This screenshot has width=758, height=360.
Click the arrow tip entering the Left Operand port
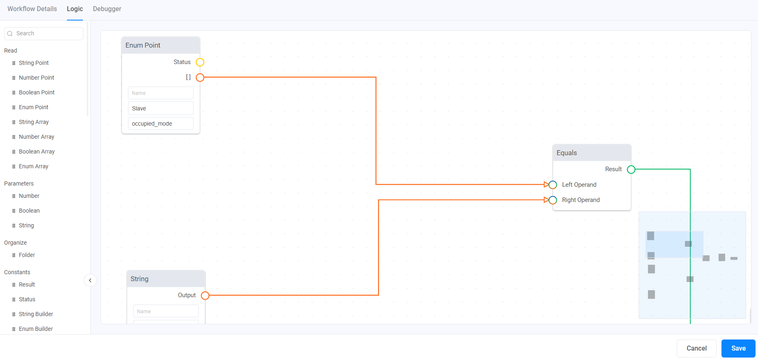coord(549,185)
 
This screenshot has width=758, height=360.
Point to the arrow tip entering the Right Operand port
coord(549,200)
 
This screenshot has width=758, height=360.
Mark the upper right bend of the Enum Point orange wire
coord(376,77)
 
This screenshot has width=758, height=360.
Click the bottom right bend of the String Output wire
coord(378,295)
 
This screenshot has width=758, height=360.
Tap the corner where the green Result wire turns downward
coord(690,169)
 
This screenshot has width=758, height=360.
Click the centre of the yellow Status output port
coord(200,62)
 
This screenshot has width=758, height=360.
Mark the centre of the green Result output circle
coord(631,170)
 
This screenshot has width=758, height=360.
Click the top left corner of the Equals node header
coord(553,144)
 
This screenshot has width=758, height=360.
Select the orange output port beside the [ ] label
coord(200,78)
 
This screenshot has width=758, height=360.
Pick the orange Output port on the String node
coord(205,296)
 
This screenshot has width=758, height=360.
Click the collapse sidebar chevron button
coord(90,280)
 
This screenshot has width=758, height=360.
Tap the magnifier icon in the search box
coord(10,34)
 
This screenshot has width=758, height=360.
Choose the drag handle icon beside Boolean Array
coord(14,152)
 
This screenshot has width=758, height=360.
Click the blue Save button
coord(738,348)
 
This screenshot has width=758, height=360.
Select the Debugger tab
coord(107,9)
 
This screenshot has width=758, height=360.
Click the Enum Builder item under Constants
coord(36,329)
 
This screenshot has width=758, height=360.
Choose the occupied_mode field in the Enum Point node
coord(161,124)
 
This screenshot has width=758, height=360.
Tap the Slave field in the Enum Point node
coord(161,108)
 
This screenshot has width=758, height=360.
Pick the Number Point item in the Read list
coord(37,78)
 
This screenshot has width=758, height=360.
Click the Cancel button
coord(696,348)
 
